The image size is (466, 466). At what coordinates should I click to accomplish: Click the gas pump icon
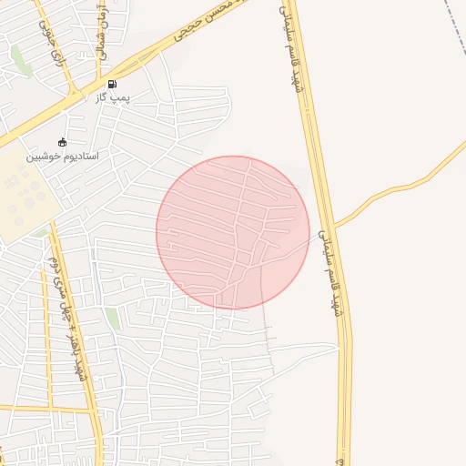coord(112,84)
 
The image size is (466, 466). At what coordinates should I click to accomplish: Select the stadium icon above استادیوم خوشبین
coord(62,142)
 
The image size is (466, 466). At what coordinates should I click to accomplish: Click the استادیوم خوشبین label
coord(62,156)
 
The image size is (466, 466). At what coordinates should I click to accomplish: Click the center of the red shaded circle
coord(233,232)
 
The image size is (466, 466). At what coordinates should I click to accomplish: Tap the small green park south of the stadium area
coord(112,319)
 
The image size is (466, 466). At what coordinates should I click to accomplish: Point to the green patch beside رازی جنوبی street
coord(19,58)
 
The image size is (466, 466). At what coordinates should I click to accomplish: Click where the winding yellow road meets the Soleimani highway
coord(334,224)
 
